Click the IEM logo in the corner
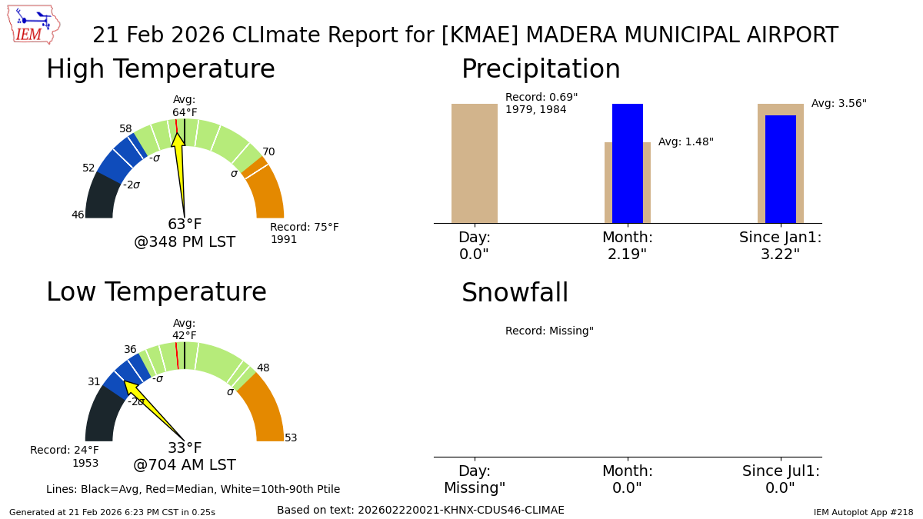coord(33,24)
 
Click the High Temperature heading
coord(160,70)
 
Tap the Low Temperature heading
coord(156,293)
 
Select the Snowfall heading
coord(515,294)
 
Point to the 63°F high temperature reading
coord(185,225)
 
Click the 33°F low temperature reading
coord(185,448)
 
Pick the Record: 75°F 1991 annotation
coord(304,234)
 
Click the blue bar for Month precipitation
coord(628,163)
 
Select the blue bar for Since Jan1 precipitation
coord(781,169)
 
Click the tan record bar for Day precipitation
coord(475,163)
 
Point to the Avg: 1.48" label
coord(685,142)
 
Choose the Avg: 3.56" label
coord(838,104)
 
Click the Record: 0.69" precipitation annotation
coord(541,104)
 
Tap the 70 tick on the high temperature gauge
coord(268,152)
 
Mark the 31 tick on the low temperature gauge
coord(94,382)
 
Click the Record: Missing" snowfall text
coord(549,331)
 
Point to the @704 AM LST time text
coord(185,465)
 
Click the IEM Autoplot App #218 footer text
coord(863,512)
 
